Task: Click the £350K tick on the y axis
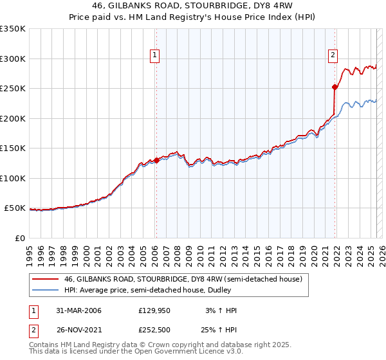pyautogui.click(x=13, y=29)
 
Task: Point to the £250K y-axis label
pyautogui.click(x=13, y=89)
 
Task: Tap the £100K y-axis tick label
pyautogui.click(x=13, y=178)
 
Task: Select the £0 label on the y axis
pyautogui.click(x=19, y=238)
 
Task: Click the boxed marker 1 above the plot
pyautogui.click(x=156, y=56)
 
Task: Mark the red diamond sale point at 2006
pyautogui.click(x=156, y=161)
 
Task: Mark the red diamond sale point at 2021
pyautogui.click(x=335, y=87)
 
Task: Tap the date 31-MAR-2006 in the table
pyautogui.click(x=75, y=310)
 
